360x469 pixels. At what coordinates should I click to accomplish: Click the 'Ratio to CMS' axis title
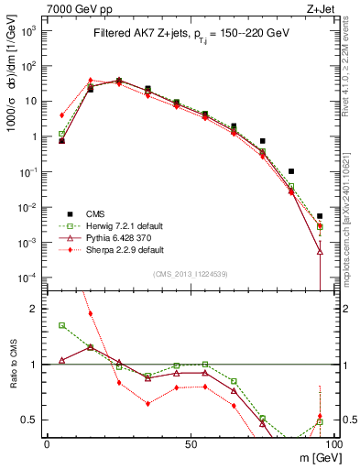click(x=13, y=365)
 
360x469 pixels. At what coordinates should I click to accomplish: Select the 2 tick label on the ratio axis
click(x=35, y=309)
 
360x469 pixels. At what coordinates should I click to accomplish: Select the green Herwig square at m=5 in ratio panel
click(x=61, y=325)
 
